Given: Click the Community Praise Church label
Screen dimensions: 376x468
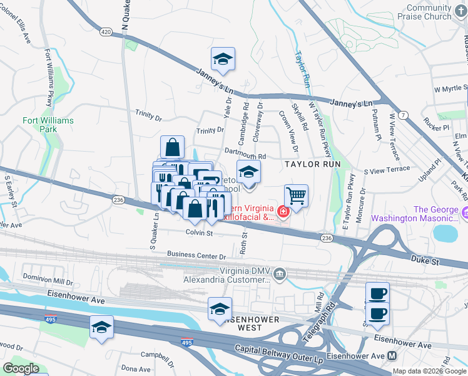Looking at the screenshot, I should (x=429, y=12).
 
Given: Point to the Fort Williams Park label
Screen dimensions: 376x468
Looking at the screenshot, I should (x=48, y=124).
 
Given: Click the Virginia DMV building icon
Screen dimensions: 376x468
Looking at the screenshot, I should (x=279, y=273).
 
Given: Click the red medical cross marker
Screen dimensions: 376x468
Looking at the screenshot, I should (x=283, y=212).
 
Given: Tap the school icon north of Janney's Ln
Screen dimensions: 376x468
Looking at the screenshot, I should (x=223, y=59).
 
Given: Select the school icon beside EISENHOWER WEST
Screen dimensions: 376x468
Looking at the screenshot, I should (x=220, y=309).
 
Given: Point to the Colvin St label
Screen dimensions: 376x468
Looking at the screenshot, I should (x=200, y=233).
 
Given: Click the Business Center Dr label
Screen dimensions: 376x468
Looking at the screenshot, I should (x=196, y=256).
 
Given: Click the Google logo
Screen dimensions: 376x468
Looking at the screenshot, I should (x=21, y=368).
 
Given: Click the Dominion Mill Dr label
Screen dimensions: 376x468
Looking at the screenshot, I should (x=48, y=276).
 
